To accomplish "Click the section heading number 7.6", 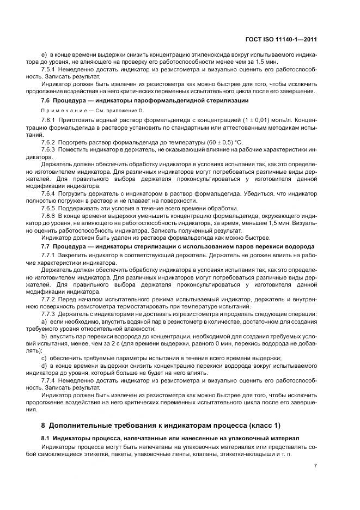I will click(46, 101).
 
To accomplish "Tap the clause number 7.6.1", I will click(48, 119).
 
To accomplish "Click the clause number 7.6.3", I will click(48, 149).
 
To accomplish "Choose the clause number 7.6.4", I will click(48, 192).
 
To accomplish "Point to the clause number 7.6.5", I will click(48, 208).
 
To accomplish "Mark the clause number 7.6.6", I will click(48, 216).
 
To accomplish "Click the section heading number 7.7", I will click(46, 246).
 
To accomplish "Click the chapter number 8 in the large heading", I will click(44, 424).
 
